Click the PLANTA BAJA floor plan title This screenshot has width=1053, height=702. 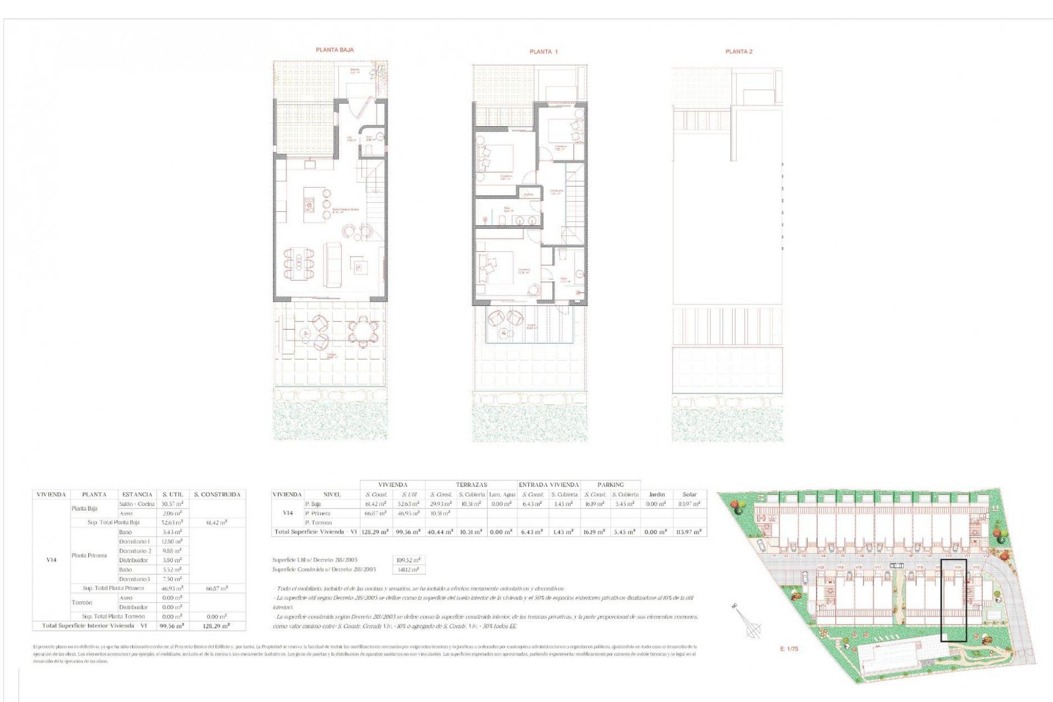[x=335, y=50]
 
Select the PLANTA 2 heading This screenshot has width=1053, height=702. [x=739, y=52]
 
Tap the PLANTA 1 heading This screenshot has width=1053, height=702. [x=544, y=52]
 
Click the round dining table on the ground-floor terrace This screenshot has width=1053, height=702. [x=363, y=332]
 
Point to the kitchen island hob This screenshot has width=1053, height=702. [x=309, y=205]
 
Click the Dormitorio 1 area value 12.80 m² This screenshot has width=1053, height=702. [x=172, y=541]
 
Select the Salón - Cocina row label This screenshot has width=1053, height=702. [x=137, y=503]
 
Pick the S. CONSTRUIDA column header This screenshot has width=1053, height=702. [x=217, y=494]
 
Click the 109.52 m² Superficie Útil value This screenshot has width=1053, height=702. [x=409, y=560]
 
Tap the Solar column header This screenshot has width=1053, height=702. [x=689, y=494]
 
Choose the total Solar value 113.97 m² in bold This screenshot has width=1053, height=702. [x=689, y=532]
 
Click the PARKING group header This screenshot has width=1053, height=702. [x=610, y=485]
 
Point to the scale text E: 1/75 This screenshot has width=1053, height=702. [x=789, y=649]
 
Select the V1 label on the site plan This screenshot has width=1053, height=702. [x=775, y=556]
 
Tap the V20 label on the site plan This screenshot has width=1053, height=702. [x=821, y=567]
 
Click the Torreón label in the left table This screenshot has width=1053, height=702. [x=82, y=602]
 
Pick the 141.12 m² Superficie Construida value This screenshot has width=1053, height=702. [x=409, y=569]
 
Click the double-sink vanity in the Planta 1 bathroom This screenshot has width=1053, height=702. [x=525, y=220]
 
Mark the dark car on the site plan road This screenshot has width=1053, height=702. [x=896, y=565]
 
